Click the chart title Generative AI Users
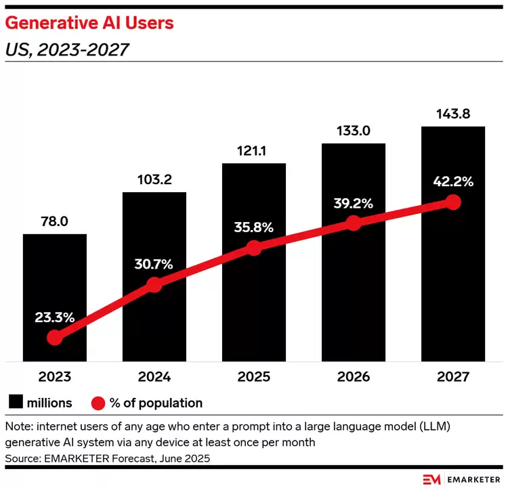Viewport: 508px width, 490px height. click(x=89, y=23)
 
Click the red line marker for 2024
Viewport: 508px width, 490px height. click(x=154, y=285)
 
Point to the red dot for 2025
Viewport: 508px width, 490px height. click(x=254, y=248)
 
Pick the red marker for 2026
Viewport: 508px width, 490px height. click(x=354, y=223)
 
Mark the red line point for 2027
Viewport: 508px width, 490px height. click(x=453, y=202)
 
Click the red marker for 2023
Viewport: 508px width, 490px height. click(x=55, y=337)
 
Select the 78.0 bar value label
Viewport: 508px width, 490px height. click(x=55, y=221)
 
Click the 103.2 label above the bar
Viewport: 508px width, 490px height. click(x=154, y=180)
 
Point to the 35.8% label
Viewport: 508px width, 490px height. click(x=254, y=227)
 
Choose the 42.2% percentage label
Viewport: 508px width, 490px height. click(x=453, y=181)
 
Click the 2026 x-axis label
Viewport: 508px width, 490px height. click(x=354, y=377)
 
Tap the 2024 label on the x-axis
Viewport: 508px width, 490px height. click(x=154, y=377)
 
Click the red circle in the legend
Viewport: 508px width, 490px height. click(x=98, y=403)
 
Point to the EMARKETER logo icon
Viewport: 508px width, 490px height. click(x=432, y=478)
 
